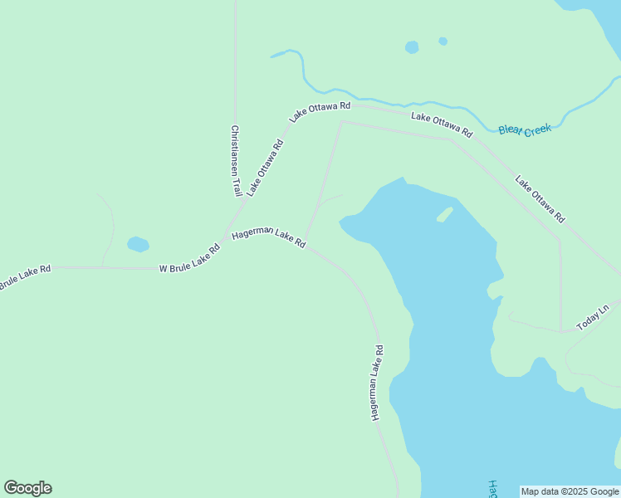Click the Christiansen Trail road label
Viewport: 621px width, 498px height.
pyautogui.click(x=236, y=160)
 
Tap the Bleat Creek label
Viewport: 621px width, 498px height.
pyautogui.click(x=525, y=129)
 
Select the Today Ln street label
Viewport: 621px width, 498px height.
pyautogui.click(x=593, y=318)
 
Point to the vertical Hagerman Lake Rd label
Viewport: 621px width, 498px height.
pyautogui.click(x=378, y=382)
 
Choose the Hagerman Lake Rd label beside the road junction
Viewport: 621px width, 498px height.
pyautogui.click(x=269, y=239)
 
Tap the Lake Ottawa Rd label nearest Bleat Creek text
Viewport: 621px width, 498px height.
pyautogui.click(x=442, y=124)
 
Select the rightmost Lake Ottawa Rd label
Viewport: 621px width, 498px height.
pyautogui.click(x=540, y=198)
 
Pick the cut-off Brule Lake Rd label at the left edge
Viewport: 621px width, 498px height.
pyautogui.click(x=24, y=276)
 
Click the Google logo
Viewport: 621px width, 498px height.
pyautogui.click(x=27, y=488)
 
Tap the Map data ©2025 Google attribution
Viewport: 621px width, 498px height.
pyautogui.click(x=570, y=491)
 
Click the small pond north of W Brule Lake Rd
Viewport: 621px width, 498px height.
pyautogui.click(x=138, y=244)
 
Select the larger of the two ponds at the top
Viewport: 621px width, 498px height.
pyautogui.click(x=412, y=47)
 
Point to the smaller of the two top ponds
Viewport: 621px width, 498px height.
pyautogui.click(x=443, y=41)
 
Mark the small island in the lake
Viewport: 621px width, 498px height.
pyautogui.click(x=445, y=214)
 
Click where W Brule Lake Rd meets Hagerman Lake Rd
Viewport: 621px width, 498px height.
pyautogui.click(x=224, y=238)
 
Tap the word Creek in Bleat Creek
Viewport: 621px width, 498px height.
pyautogui.click(x=537, y=129)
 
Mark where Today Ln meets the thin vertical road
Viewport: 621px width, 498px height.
pyautogui.click(x=561, y=331)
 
